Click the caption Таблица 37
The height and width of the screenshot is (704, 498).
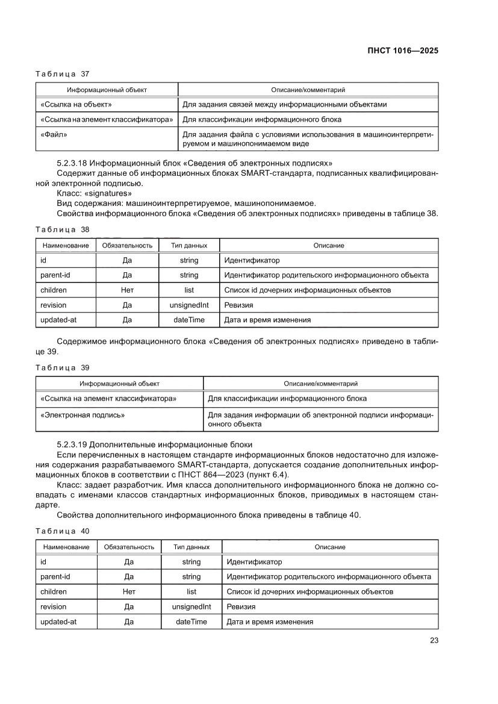click(63, 74)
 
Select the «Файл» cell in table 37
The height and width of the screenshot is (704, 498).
click(54, 135)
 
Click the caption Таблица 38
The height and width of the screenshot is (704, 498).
click(63, 229)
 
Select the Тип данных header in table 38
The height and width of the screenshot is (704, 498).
click(189, 246)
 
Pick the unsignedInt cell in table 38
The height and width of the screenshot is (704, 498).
click(189, 305)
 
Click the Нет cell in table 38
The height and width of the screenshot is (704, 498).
click(127, 290)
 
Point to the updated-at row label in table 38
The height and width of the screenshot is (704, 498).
click(58, 320)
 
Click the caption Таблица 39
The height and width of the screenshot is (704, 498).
click(63, 367)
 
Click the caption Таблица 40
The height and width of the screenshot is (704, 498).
click(63, 531)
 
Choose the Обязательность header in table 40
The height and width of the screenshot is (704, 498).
click(129, 547)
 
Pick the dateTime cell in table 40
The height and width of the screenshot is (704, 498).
click(191, 621)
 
